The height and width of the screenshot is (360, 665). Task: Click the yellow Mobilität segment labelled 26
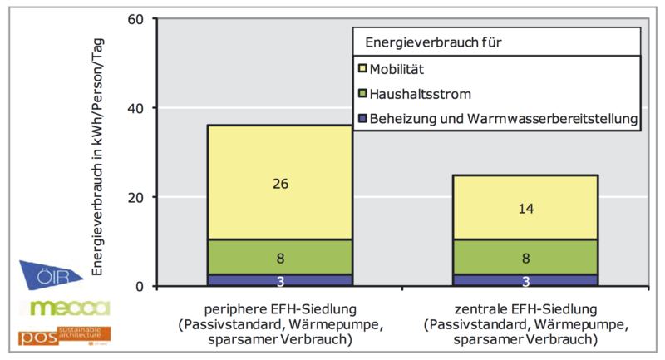tap(279, 182)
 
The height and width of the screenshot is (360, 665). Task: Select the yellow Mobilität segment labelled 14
tap(525, 207)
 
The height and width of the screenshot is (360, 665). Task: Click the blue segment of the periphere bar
tap(279, 280)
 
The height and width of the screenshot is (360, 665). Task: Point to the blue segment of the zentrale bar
tap(525, 280)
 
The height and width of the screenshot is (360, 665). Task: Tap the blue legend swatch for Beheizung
tap(362, 120)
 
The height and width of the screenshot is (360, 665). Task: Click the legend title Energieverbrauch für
tap(428, 41)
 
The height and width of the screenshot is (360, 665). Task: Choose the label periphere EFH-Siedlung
tap(279, 304)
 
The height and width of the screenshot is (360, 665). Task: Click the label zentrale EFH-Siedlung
tap(525, 304)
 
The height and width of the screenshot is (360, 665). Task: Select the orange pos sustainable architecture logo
tap(64, 336)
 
